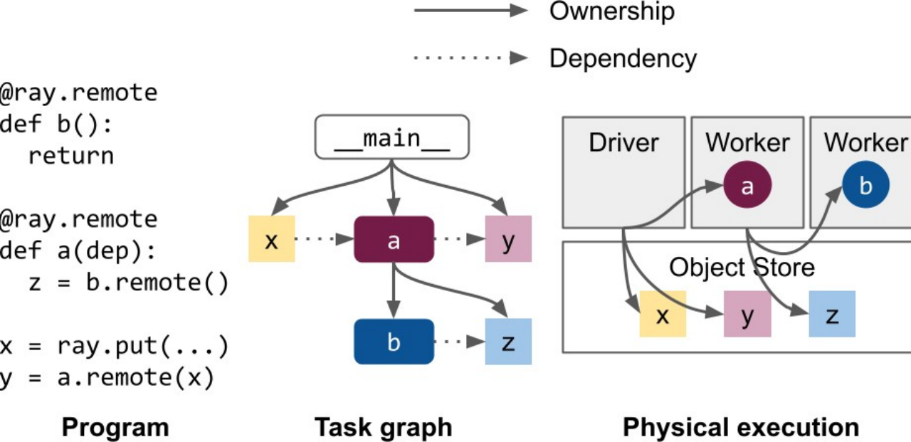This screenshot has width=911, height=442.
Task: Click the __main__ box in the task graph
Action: pyautogui.click(x=392, y=137)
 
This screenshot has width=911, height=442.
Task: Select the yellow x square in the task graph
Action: pyautogui.click(x=271, y=239)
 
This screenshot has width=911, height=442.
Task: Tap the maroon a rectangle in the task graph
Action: pyautogui.click(x=394, y=240)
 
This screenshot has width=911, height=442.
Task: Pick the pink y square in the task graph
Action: pyautogui.click(x=507, y=239)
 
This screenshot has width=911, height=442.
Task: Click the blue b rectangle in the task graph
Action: pyautogui.click(x=394, y=342)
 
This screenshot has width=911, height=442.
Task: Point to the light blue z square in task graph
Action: pyautogui.click(x=507, y=342)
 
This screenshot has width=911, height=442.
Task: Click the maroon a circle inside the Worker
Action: pyautogui.click(x=747, y=186)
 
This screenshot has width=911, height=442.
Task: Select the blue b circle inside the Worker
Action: pyautogui.click(x=865, y=186)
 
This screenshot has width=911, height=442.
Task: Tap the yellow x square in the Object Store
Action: pyautogui.click(x=663, y=314)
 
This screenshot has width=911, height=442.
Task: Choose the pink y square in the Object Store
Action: pyautogui.click(x=747, y=314)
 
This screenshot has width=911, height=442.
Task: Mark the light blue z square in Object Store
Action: pyautogui.click(x=831, y=314)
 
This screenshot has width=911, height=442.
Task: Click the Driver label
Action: pyautogui.click(x=623, y=142)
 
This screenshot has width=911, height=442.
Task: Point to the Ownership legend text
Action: pyautogui.click(x=611, y=11)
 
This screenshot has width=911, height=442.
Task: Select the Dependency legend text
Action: pyautogui.click(x=623, y=58)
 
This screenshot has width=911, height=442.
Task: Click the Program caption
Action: pyautogui.click(x=115, y=427)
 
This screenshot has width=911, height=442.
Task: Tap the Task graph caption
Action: pyautogui.click(x=383, y=427)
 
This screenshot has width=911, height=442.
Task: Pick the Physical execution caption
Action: pyautogui.click(x=741, y=427)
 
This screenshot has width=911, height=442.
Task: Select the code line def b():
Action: pyautogui.click(x=56, y=124)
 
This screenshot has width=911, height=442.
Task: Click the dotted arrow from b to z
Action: pyautogui.click(x=459, y=342)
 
